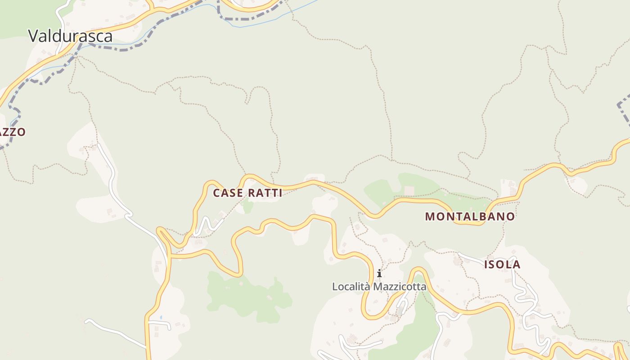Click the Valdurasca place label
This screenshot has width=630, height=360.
pos(70,36)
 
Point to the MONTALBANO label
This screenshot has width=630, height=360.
pos(470,216)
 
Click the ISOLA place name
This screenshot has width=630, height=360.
pos(502,265)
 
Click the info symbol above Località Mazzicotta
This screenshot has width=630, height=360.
pos(379,273)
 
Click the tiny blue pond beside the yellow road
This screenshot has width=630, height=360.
pos(161,317)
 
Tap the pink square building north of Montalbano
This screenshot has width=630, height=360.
pos(409,190)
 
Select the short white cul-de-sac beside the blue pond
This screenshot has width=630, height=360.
pos(162,323)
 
